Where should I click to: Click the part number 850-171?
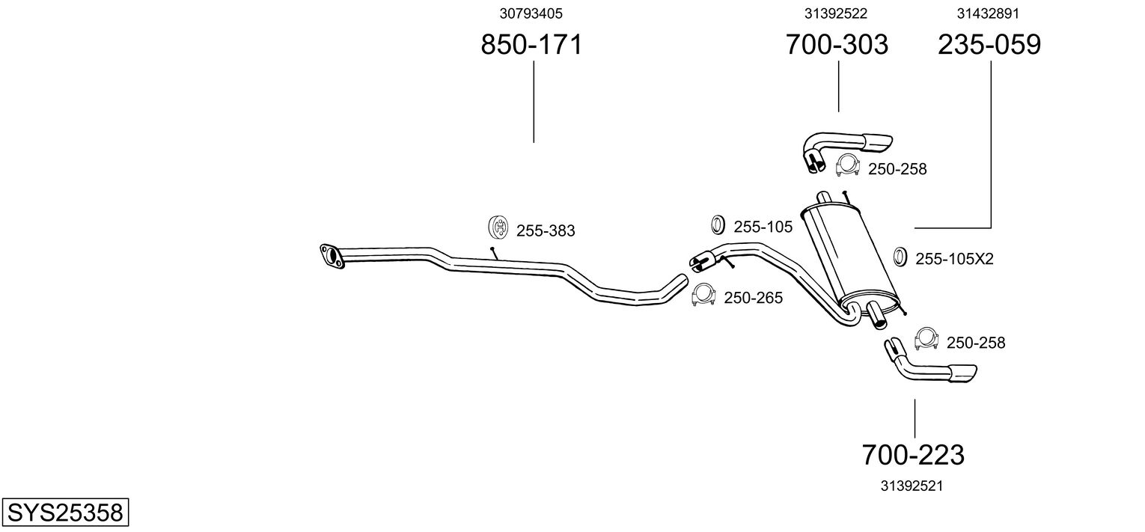tap(531, 45)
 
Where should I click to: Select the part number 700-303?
tap(837, 45)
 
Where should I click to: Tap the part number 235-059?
tap(989, 45)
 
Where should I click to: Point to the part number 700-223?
tap(913, 454)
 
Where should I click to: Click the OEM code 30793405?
tap(531, 13)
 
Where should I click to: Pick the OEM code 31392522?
tap(837, 13)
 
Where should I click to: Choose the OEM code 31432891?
tap(989, 13)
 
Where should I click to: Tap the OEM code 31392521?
tap(911, 486)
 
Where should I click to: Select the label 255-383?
tap(546, 231)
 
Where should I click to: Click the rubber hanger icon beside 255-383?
tap(498, 226)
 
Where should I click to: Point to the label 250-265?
tap(753, 299)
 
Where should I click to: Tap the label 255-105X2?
tap(954, 260)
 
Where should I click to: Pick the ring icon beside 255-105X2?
tap(901, 257)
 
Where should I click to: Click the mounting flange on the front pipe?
tap(329, 255)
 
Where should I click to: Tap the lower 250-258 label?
tap(976, 343)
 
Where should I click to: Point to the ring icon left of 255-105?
tap(717, 224)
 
